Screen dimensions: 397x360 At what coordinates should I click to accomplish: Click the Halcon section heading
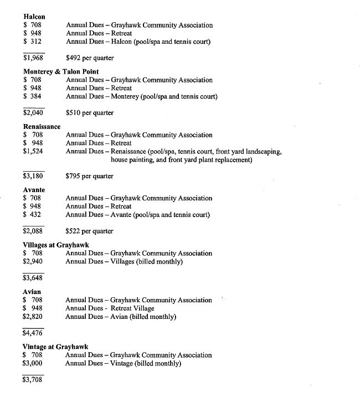34,17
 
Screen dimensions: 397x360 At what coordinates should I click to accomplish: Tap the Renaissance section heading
42,126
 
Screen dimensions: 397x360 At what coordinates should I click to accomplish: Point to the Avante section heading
34,189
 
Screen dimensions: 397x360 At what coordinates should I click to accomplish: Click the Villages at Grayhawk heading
56,245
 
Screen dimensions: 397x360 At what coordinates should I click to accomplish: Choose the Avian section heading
32,291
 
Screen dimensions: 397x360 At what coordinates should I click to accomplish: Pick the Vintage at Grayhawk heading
55,347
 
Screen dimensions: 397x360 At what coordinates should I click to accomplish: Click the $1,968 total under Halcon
34,58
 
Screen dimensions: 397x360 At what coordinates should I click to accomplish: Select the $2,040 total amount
33,112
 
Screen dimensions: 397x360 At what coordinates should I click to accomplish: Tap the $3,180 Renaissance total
33,176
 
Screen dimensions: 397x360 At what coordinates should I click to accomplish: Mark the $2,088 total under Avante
33,231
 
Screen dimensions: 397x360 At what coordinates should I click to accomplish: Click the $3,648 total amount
33,278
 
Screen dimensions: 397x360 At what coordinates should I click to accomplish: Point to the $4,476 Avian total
33,333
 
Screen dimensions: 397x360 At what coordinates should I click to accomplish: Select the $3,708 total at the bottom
33,380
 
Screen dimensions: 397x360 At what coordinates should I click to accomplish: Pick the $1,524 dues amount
33,151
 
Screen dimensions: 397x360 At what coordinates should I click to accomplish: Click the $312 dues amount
33,42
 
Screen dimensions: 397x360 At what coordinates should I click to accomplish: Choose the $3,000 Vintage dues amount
33,363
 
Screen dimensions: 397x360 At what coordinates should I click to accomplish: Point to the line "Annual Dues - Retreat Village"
110,308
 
